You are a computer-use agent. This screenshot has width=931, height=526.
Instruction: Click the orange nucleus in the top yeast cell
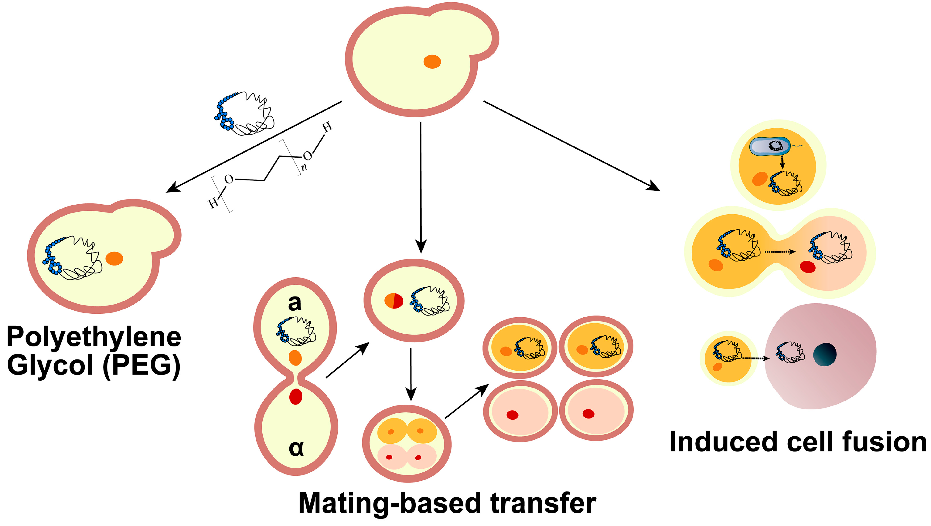(x=432, y=62)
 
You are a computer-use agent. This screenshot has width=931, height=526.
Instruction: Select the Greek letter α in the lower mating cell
(x=296, y=448)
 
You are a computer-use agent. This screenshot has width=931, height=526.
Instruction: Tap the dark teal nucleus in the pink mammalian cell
(x=825, y=354)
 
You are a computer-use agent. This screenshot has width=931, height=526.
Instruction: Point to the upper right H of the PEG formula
(x=327, y=127)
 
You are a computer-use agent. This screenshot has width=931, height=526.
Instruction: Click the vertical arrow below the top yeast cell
(x=421, y=188)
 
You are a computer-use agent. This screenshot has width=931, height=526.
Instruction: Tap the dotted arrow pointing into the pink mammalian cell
(x=755, y=358)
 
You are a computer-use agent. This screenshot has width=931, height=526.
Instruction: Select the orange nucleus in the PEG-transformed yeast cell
(x=115, y=259)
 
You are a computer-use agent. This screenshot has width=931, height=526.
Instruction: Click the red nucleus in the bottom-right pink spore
(x=588, y=414)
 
